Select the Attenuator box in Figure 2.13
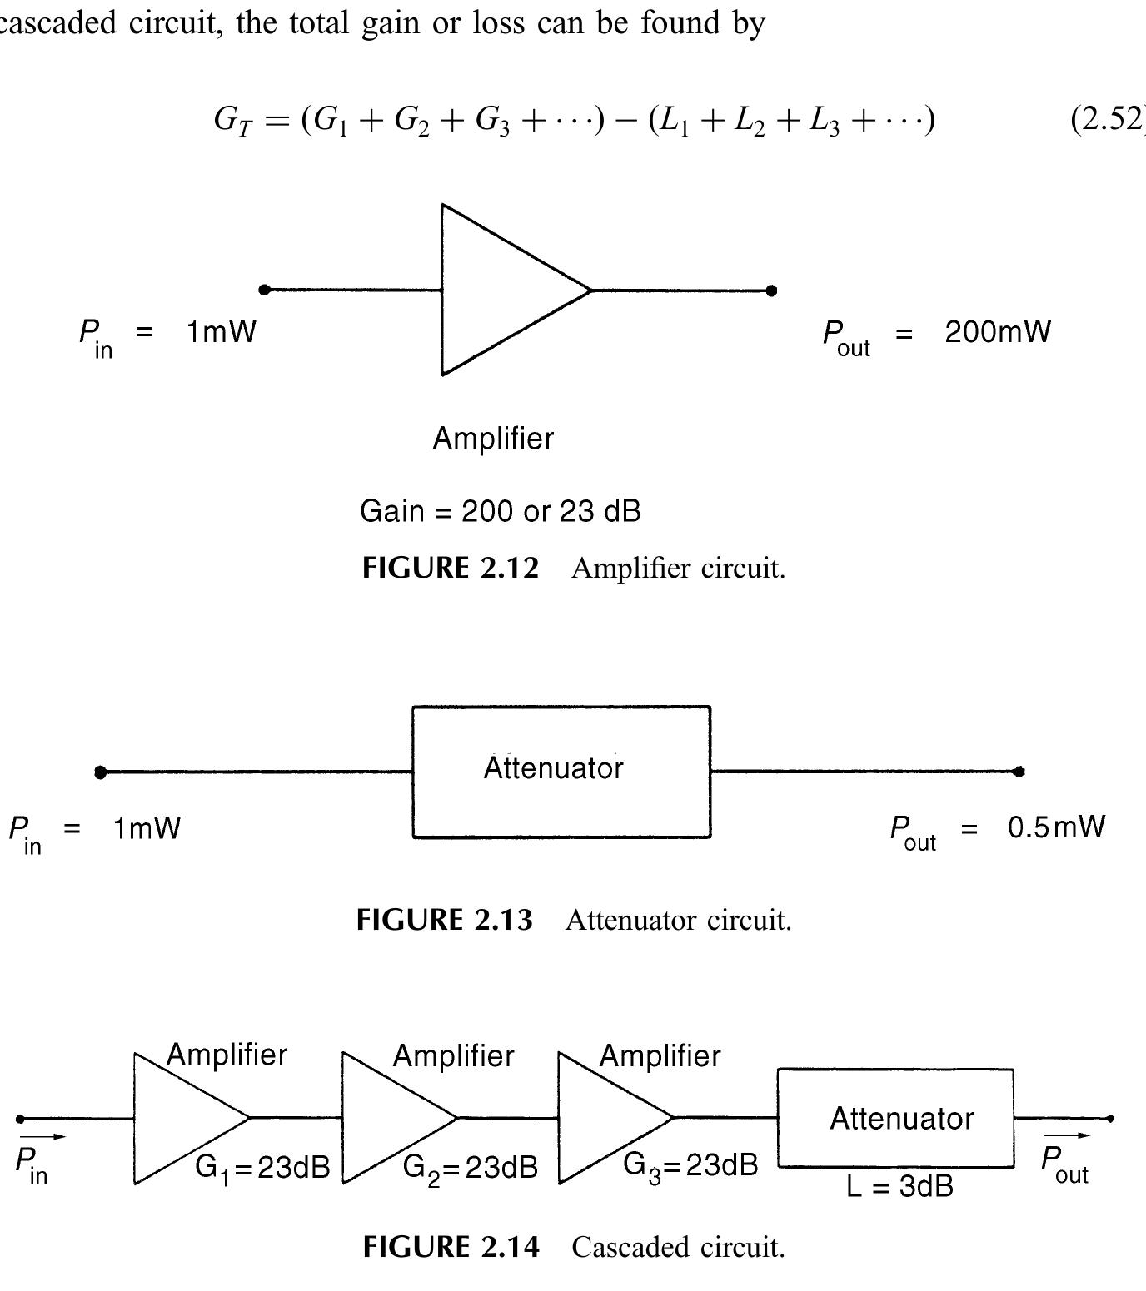point(561,772)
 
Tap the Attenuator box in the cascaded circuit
point(896,1118)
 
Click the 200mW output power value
point(997,332)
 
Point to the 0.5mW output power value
point(1056,827)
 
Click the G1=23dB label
point(262,1168)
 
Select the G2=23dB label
point(470,1168)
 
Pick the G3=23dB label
point(690,1164)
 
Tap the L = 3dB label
point(899,1186)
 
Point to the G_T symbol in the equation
point(232,121)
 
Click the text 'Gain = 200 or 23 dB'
point(500,511)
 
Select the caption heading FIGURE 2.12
point(451,569)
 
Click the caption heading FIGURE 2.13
point(444,920)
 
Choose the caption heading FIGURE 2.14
point(451,1247)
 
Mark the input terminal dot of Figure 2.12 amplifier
point(265,290)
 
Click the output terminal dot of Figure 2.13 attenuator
point(1019,772)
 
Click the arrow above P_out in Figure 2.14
point(1067,1135)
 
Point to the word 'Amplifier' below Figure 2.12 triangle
point(493,439)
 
